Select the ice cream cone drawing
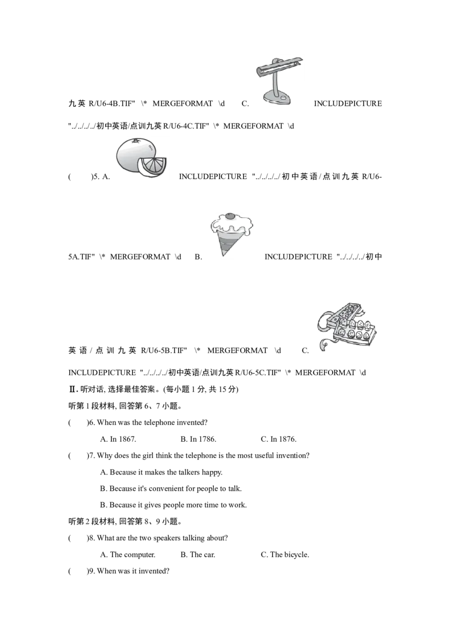tap(231, 234)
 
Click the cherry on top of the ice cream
tap(231, 216)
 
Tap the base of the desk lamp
tap(277, 98)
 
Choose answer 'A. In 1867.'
tap(118, 439)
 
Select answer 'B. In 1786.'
tap(198, 439)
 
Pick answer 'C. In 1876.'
tap(278, 439)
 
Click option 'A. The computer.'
tap(128, 554)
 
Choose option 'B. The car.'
tap(198, 554)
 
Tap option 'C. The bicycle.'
tap(285, 554)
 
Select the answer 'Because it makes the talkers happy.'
tap(166, 473)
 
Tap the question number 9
tap(91, 571)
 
